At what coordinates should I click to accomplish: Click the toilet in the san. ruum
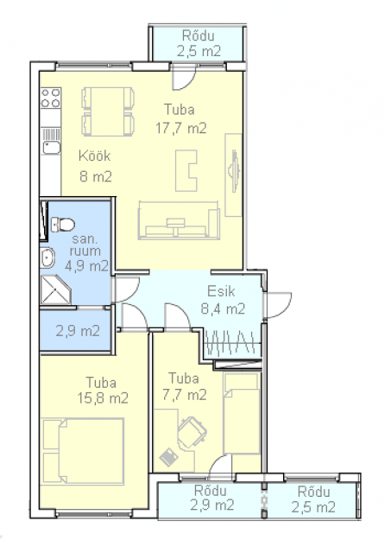pyautogui.click(x=63, y=225)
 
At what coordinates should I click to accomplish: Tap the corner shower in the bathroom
pyautogui.click(x=55, y=289)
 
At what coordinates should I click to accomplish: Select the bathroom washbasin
pyautogui.click(x=47, y=257)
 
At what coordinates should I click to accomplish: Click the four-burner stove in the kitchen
pyautogui.click(x=51, y=98)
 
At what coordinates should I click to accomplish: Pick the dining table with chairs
pyautogui.click(x=108, y=111)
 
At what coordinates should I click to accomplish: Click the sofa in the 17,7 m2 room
pyautogui.click(x=179, y=220)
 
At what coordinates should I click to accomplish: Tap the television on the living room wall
pyautogui.click(x=234, y=171)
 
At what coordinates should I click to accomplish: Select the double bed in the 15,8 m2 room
pyautogui.click(x=83, y=451)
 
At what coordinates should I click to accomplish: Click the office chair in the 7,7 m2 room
pyautogui.click(x=192, y=432)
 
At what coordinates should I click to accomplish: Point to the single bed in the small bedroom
pyautogui.click(x=242, y=414)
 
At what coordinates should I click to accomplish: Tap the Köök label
pyautogui.click(x=94, y=156)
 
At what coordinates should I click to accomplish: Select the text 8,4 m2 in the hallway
pyautogui.click(x=223, y=309)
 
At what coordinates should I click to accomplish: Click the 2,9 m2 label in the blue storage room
pyautogui.click(x=78, y=331)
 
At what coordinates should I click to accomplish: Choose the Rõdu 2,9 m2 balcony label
pyautogui.click(x=211, y=498)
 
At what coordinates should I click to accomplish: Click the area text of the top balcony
pyautogui.click(x=199, y=52)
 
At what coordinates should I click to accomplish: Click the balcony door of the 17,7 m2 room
pyautogui.click(x=184, y=78)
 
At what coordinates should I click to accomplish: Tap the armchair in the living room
pyautogui.click(x=186, y=171)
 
